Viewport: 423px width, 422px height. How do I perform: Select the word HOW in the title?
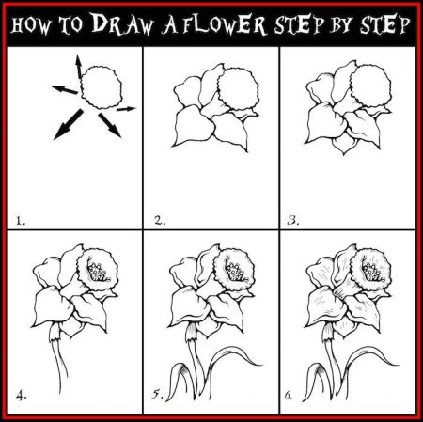(30, 25)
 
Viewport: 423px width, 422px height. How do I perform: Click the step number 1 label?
(21, 222)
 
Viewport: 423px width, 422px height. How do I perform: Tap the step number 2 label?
(160, 221)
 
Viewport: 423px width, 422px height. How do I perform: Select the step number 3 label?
(293, 221)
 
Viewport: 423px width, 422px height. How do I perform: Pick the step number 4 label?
(21, 397)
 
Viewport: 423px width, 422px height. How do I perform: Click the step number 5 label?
(158, 394)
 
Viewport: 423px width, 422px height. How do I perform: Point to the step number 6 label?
(289, 396)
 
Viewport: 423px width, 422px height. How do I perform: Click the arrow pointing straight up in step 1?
(78, 66)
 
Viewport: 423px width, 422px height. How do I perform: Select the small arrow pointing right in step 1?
(126, 109)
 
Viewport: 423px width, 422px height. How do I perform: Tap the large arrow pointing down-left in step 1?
(68, 124)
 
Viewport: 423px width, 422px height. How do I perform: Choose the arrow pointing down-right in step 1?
(110, 125)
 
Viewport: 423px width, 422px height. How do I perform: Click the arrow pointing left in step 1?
(65, 89)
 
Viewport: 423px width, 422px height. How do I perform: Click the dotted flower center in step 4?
(98, 270)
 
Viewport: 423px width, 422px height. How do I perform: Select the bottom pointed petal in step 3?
(344, 145)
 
